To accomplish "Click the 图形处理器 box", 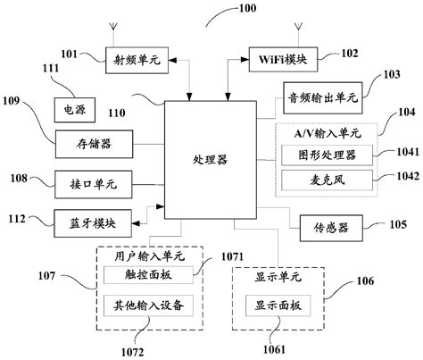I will (325, 155).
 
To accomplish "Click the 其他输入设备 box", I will (149, 306).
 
